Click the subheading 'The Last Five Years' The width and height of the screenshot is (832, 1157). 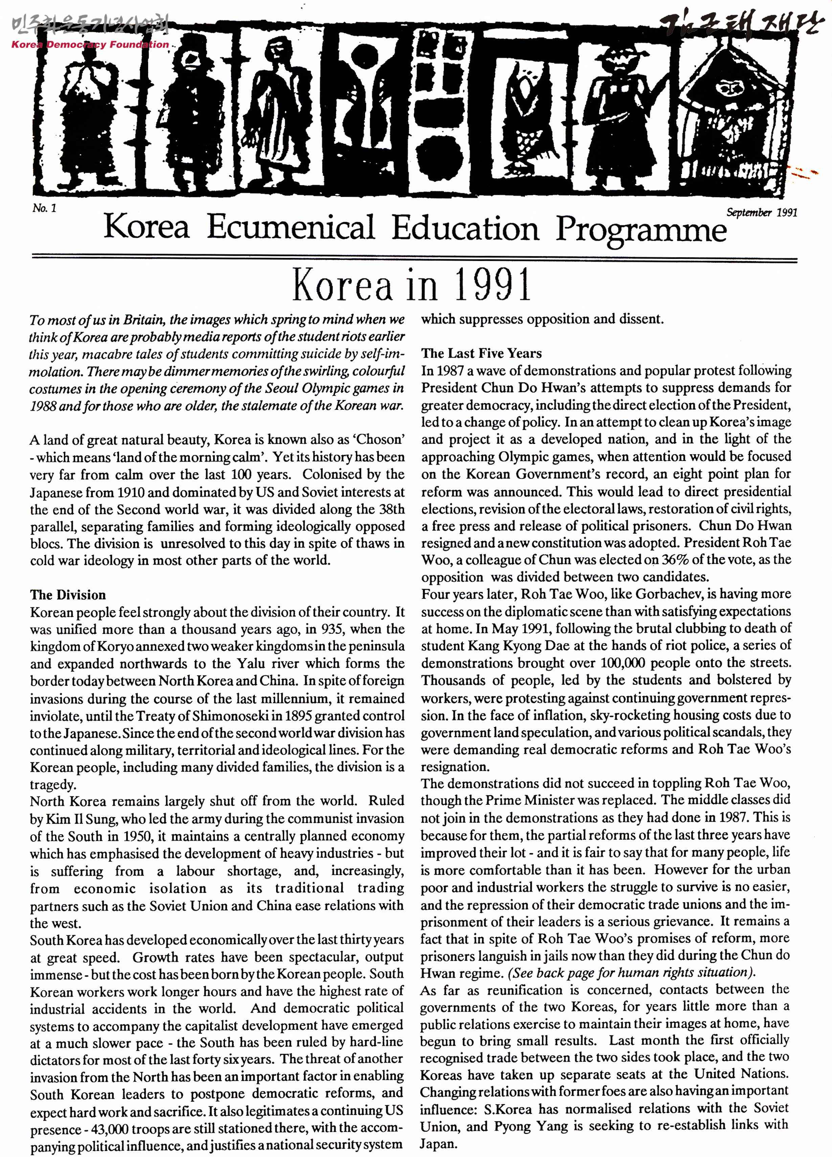click(481, 354)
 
